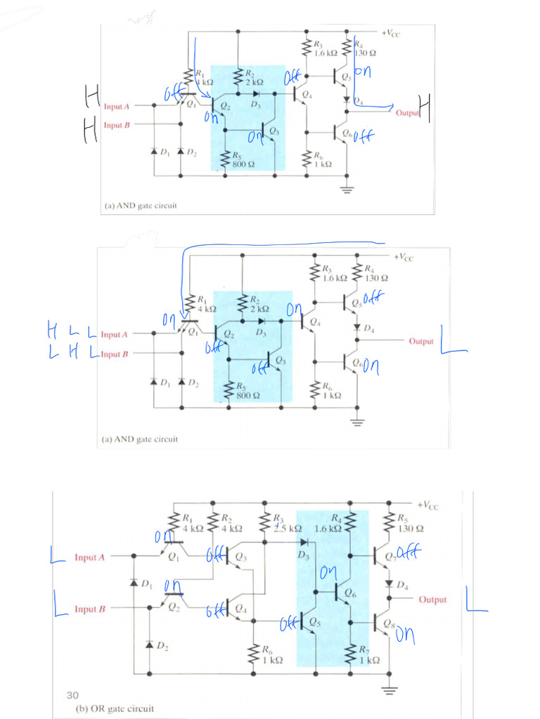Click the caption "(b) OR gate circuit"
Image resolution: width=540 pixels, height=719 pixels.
(114, 708)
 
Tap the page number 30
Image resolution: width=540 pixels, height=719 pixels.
(72, 695)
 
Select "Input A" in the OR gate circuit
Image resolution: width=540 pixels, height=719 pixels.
(89, 558)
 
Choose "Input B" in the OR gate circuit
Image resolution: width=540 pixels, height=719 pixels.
(89, 609)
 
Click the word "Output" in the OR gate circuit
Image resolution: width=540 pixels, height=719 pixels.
(432, 600)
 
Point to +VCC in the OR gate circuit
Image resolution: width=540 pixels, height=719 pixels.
(427, 506)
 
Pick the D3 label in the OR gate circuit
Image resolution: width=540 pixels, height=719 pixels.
(303, 555)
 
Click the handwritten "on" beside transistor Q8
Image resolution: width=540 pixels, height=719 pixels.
(405, 637)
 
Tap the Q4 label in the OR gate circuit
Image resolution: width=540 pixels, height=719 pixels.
(241, 607)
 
